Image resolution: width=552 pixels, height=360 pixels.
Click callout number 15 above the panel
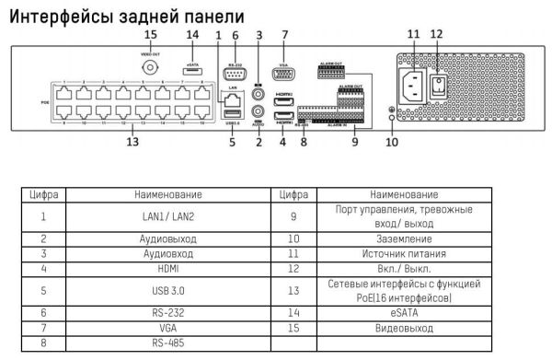pyautogui.click(x=150, y=34)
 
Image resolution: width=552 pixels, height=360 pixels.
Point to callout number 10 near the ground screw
pyautogui.click(x=392, y=143)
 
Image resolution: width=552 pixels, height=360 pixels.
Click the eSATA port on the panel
pyautogui.click(x=192, y=69)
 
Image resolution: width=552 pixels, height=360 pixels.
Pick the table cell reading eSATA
pyautogui.click(x=398, y=313)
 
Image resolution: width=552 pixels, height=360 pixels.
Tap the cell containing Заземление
pyautogui.click(x=398, y=238)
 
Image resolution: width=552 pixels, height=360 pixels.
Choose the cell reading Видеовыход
pyautogui.click(x=398, y=328)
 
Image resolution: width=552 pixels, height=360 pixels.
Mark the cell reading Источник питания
pyautogui.click(x=398, y=253)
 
